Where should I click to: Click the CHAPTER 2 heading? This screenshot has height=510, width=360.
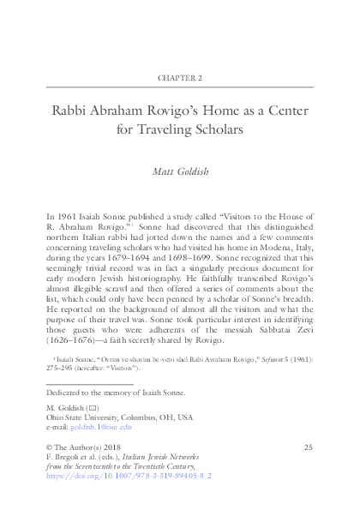[180, 77]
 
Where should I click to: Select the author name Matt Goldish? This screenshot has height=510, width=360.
[180, 172]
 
